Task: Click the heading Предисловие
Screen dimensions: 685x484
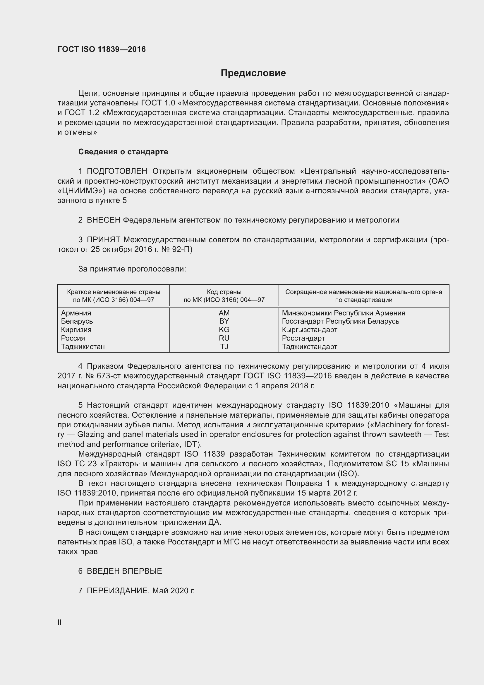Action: (x=253, y=73)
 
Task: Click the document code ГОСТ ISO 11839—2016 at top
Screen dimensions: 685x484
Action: (x=102, y=49)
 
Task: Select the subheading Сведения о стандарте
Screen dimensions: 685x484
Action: (x=123, y=152)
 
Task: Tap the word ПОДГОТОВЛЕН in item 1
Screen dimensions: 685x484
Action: (x=117, y=171)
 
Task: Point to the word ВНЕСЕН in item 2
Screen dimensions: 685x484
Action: (x=103, y=220)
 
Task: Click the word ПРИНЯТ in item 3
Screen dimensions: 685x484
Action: (x=103, y=240)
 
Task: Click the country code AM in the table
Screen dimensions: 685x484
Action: (x=224, y=313)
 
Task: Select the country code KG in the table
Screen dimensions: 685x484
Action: (x=224, y=330)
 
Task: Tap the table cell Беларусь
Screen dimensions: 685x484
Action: (x=77, y=321)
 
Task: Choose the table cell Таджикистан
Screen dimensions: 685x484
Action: (x=83, y=347)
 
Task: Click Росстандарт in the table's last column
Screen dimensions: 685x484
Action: (x=303, y=338)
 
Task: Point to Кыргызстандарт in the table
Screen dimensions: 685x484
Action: (x=309, y=330)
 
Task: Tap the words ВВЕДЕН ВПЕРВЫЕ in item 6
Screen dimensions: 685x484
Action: (x=124, y=571)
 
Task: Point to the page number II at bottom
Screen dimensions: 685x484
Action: (x=60, y=622)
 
